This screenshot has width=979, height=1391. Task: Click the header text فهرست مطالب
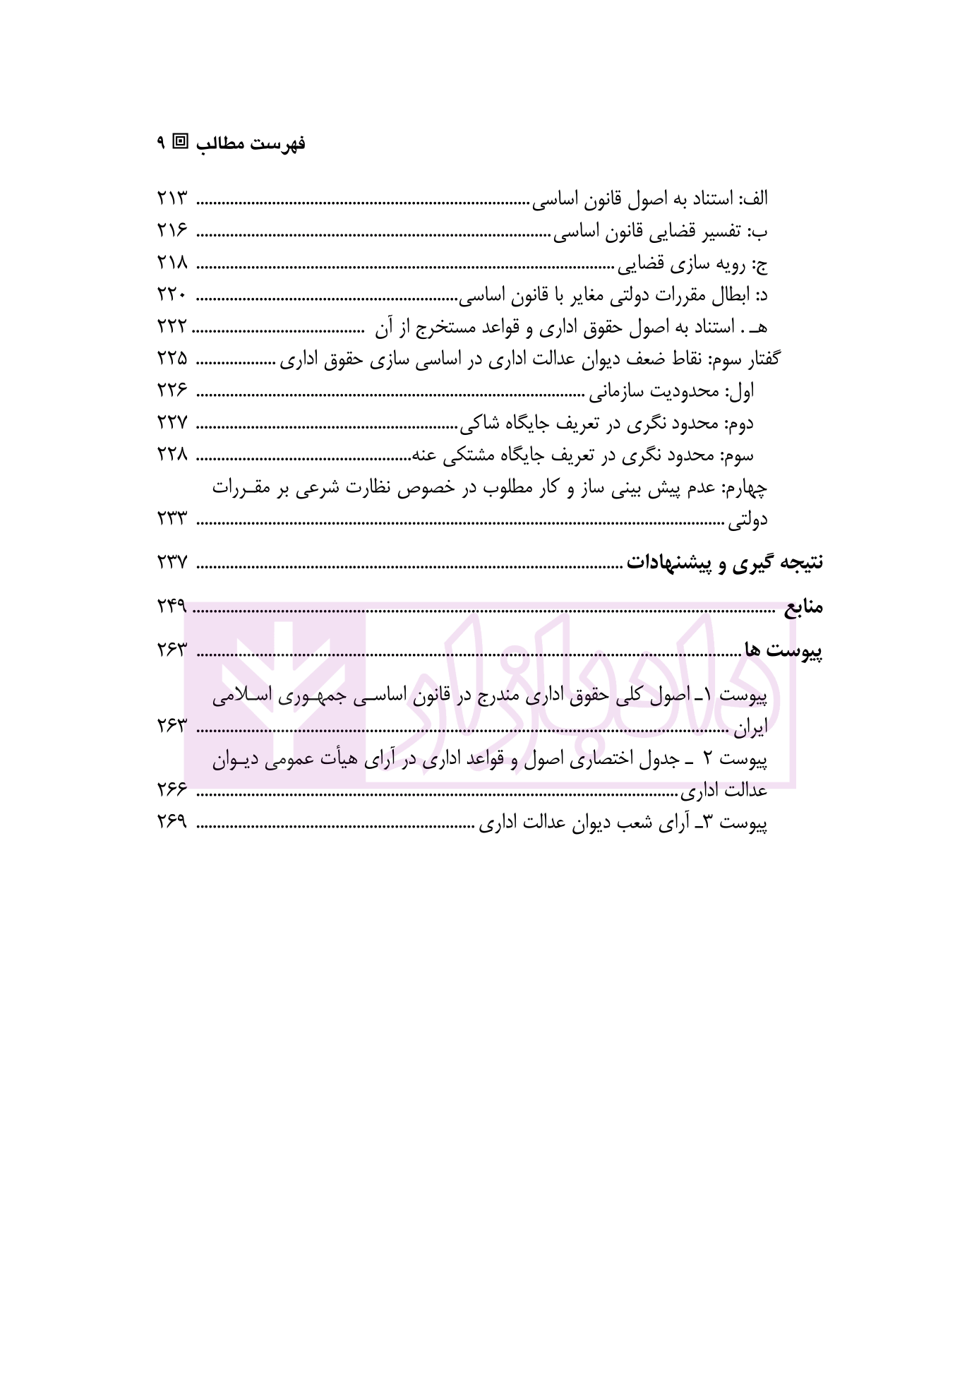(x=251, y=144)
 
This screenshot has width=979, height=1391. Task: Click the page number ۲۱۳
(x=172, y=198)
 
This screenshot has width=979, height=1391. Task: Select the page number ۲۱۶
(x=172, y=231)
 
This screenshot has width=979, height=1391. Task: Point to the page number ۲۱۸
(x=172, y=263)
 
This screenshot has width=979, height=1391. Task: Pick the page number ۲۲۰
(x=172, y=296)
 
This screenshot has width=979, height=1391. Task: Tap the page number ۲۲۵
(x=172, y=359)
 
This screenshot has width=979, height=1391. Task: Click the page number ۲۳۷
(x=172, y=563)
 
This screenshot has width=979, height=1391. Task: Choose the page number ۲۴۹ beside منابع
(x=172, y=606)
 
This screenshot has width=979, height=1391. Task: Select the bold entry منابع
(x=803, y=607)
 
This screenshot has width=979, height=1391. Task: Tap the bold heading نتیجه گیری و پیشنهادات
(x=726, y=563)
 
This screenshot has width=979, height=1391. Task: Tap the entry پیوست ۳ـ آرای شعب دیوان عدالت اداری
(x=623, y=823)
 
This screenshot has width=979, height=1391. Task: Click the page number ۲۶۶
(x=172, y=790)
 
